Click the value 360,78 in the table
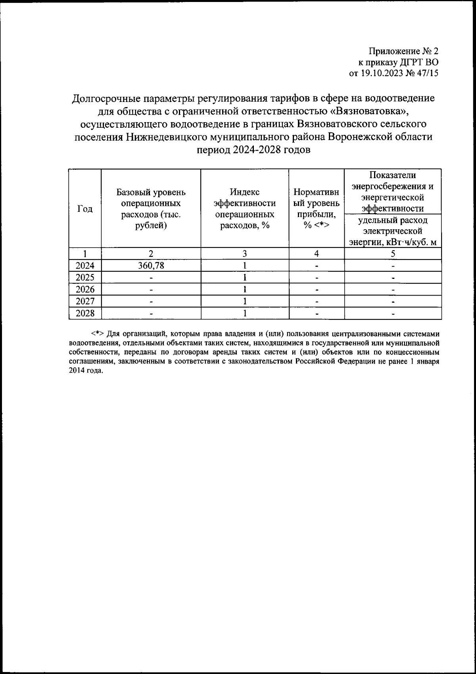(x=151, y=265)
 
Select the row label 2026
(x=85, y=289)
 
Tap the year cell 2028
(x=85, y=313)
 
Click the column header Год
(x=85, y=209)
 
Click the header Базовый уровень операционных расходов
(x=151, y=209)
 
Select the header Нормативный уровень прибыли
(x=316, y=209)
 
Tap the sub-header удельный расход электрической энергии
(x=393, y=231)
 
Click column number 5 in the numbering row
(x=393, y=254)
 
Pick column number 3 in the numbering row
(x=245, y=254)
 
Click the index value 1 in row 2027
(x=245, y=301)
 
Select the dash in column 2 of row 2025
(x=151, y=278)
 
